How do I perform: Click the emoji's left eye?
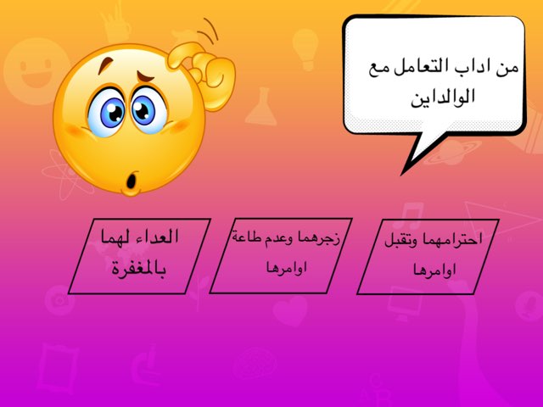pos(109,112)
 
